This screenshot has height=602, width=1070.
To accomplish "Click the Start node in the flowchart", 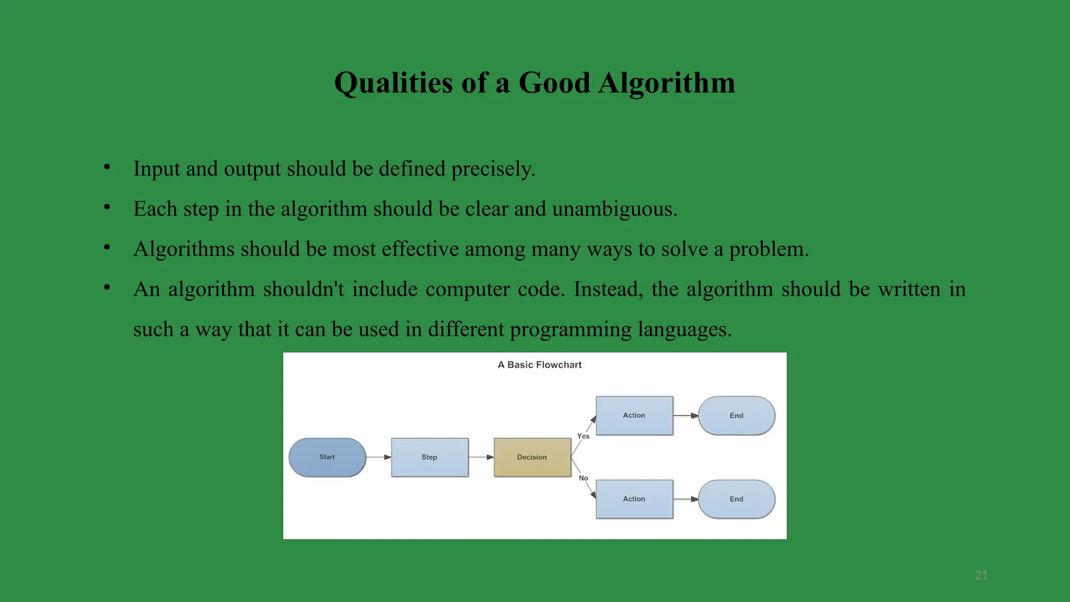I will tap(327, 457).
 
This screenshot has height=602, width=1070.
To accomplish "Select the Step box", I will tap(429, 457).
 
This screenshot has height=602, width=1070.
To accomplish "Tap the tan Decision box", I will tap(532, 457).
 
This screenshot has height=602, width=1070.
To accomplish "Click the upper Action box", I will tap(634, 415).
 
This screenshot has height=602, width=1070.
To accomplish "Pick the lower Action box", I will tap(634, 499).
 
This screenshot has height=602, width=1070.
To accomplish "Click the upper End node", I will tap(736, 415).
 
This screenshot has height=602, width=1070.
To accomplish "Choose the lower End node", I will tap(736, 499).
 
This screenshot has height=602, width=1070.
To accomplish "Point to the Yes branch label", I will tap(583, 436).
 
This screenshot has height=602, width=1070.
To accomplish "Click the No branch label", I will tap(583, 478).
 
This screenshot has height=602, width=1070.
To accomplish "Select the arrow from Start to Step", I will tap(378, 457).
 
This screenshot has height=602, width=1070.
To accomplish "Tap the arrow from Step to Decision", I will tap(481, 457).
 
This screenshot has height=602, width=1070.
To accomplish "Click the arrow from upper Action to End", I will tap(685, 415).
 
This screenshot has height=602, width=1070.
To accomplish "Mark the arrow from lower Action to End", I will tap(685, 499).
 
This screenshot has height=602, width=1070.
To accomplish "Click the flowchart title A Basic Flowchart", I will tap(539, 365).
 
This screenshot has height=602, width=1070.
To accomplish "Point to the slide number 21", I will tap(981, 575).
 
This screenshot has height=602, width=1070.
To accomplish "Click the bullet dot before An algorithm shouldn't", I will tap(107, 287).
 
